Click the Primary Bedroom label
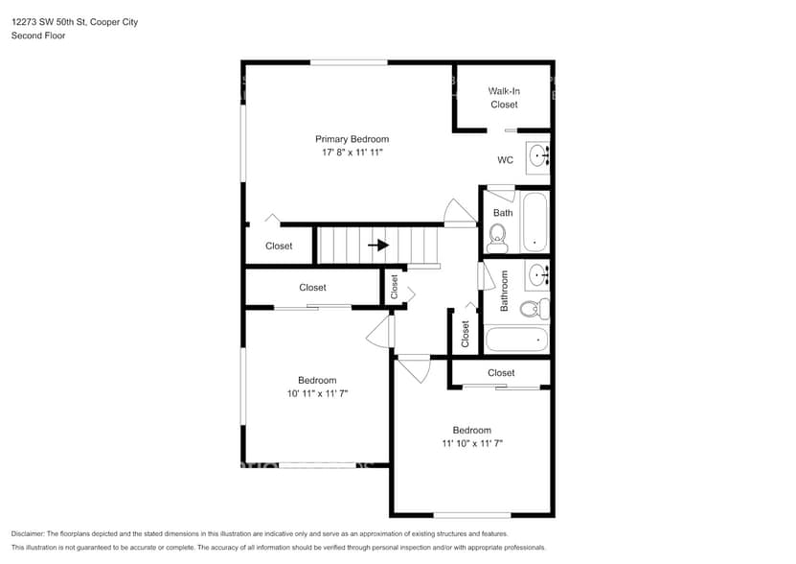click(352, 139)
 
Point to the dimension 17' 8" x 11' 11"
click(352, 153)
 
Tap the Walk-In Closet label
click(504, 98)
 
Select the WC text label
click(505, 160)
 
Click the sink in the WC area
click(538, 153)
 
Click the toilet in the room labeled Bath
click(497, 234)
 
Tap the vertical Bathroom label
click(504, 291)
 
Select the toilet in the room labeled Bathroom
click(534, 309)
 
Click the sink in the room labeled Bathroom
click(537, 275)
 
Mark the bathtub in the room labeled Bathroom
click(516, 340)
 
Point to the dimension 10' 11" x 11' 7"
click(316, 393)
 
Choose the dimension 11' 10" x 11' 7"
click(472, 443)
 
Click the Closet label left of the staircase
click(279, 247)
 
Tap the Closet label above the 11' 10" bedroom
click(501, 373)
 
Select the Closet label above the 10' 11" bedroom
click(312, 288)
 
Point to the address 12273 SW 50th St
click(52, 21)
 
